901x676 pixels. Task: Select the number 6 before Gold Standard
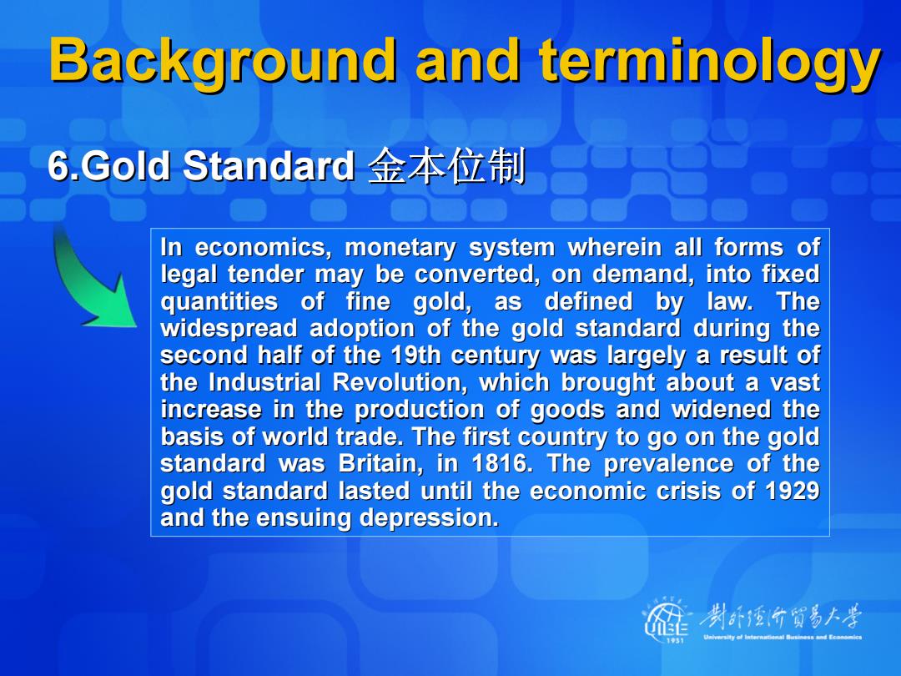click(58, 166)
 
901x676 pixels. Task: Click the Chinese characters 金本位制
click(446, 166)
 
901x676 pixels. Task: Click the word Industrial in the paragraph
click(264, 382)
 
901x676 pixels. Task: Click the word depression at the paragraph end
click(429, 518)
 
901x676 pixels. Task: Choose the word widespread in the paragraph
click(229, 329)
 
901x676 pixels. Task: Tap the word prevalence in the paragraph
click(668, 463)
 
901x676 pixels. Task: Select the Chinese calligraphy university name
click(780, 618)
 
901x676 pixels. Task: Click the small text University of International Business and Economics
click(782, 637)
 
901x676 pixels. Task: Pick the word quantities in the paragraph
click(219, 302)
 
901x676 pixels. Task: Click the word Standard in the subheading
click(269, 166)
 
